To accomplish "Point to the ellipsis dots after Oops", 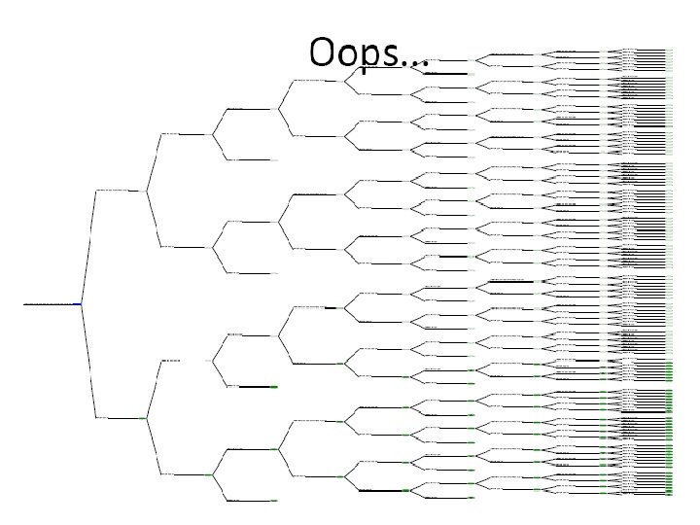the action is [415, 61].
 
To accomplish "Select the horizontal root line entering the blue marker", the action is [49, 304].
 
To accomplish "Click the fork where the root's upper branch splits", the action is [146, 191].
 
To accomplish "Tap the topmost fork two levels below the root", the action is [213, 134].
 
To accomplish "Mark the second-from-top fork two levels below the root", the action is [213, 247].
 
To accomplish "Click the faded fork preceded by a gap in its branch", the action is [213, 361].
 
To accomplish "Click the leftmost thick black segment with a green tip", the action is [258, 387].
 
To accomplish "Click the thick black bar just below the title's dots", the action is [443, 73].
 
